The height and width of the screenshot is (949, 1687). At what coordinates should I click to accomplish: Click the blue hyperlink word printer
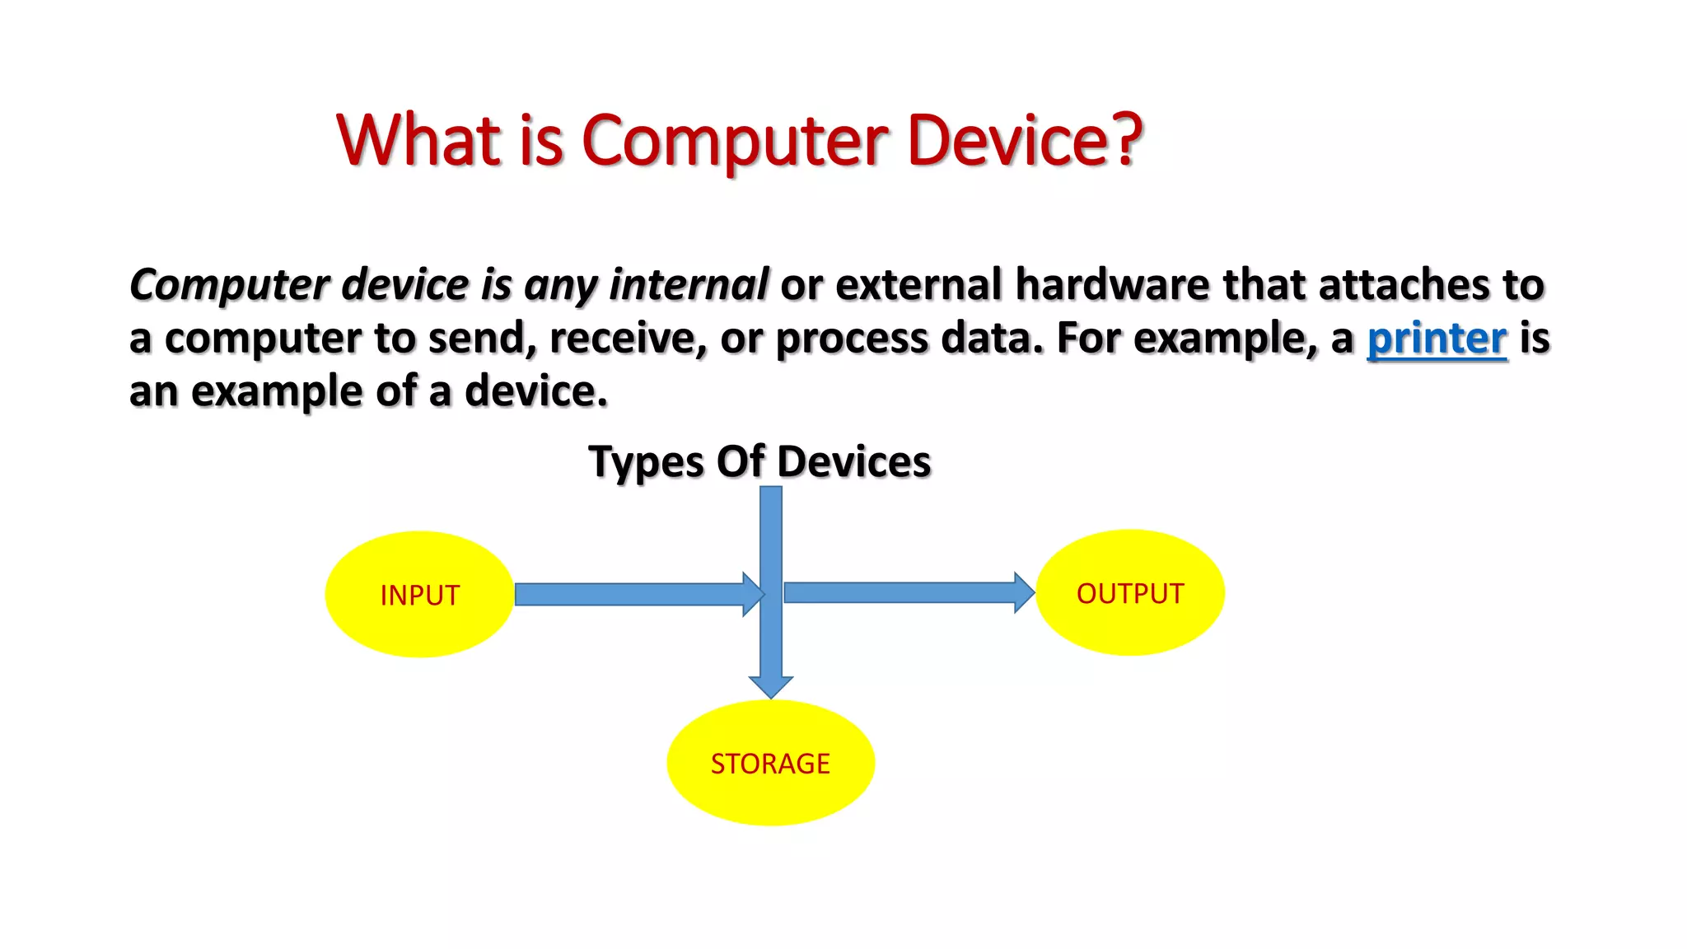click(x=1437, y=339)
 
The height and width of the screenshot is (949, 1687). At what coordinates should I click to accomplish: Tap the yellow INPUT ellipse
click(x=419, y=594)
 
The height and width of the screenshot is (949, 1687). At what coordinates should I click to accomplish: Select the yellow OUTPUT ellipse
click(x=1129, y=592)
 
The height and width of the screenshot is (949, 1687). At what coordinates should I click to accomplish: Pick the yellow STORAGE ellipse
click(x=770, y=763)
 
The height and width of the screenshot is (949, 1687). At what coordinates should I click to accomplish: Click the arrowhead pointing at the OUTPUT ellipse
click(x=1023, y=592)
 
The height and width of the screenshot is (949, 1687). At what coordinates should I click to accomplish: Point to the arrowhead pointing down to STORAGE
click(x=770, y=685)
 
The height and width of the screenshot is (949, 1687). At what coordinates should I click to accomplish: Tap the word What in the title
click(x=419, y=140)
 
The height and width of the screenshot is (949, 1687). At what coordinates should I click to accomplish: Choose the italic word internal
click(x=689, y=285)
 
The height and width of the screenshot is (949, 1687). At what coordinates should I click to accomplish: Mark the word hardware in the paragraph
click(x=1112, y=285)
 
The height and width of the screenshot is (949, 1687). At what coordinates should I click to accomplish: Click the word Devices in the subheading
click(x=853, y=461)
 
